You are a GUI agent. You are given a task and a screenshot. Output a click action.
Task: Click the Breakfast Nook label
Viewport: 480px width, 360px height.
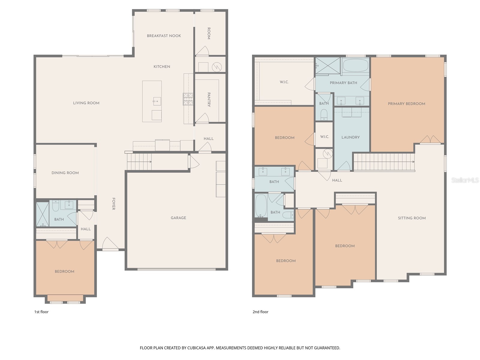(x=164, y=36)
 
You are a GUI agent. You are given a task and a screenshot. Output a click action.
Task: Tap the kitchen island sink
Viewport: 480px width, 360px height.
(x=157, y=101)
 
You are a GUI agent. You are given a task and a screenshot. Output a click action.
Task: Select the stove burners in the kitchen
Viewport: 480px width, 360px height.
(x=188, y=99)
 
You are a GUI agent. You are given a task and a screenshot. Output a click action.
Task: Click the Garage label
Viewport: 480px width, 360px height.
(x=178, y=218)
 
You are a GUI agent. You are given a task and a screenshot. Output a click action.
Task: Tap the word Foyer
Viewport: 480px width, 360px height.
(x=114, y=204)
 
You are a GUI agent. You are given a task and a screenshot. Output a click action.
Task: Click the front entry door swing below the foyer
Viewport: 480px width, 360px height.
(x=110, y=244)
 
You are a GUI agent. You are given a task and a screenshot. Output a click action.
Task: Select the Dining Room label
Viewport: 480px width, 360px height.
(x=65, y=173)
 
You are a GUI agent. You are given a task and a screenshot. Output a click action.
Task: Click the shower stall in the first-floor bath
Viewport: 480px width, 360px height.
(x=42, y=214)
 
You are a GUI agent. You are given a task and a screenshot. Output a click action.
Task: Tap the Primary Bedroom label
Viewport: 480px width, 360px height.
(x=406, y=104)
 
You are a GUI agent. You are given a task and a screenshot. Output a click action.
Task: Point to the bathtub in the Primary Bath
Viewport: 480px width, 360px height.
(x=355, y=65)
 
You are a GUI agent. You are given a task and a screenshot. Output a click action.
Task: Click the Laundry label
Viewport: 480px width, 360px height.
(x=350, y=137)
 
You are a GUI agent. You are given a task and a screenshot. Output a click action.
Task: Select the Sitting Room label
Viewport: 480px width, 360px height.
(x=412, y=218)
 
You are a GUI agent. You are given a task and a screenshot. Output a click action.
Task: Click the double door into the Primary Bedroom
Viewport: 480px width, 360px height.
(x=430, y=140)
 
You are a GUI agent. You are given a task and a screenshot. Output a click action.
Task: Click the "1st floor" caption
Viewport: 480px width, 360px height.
(x=41, y=312)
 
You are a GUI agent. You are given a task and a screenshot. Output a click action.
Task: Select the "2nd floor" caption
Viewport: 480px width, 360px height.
(x=260, y=312)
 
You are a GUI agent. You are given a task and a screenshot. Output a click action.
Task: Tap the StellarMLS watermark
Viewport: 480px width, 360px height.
(x=465, y=180)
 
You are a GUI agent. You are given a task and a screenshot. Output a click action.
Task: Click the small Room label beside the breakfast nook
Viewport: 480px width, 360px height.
(x=209, y=33)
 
